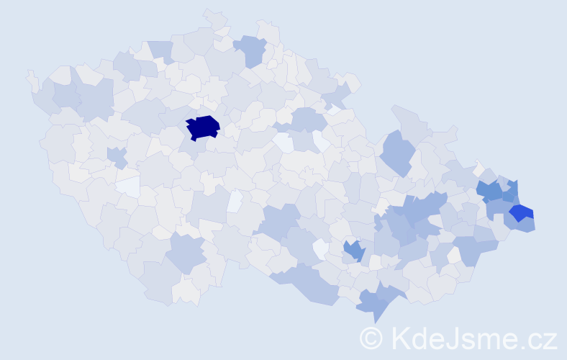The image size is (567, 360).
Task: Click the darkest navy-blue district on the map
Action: click(203, 127)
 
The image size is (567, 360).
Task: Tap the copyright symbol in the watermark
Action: click(371, 337)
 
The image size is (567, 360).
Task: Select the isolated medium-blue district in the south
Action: click(353, 251)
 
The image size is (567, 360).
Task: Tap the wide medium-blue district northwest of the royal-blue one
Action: click(489, 191)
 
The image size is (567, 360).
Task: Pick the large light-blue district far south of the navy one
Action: click(186, 251)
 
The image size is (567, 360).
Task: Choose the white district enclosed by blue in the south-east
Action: click(454, 255)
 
